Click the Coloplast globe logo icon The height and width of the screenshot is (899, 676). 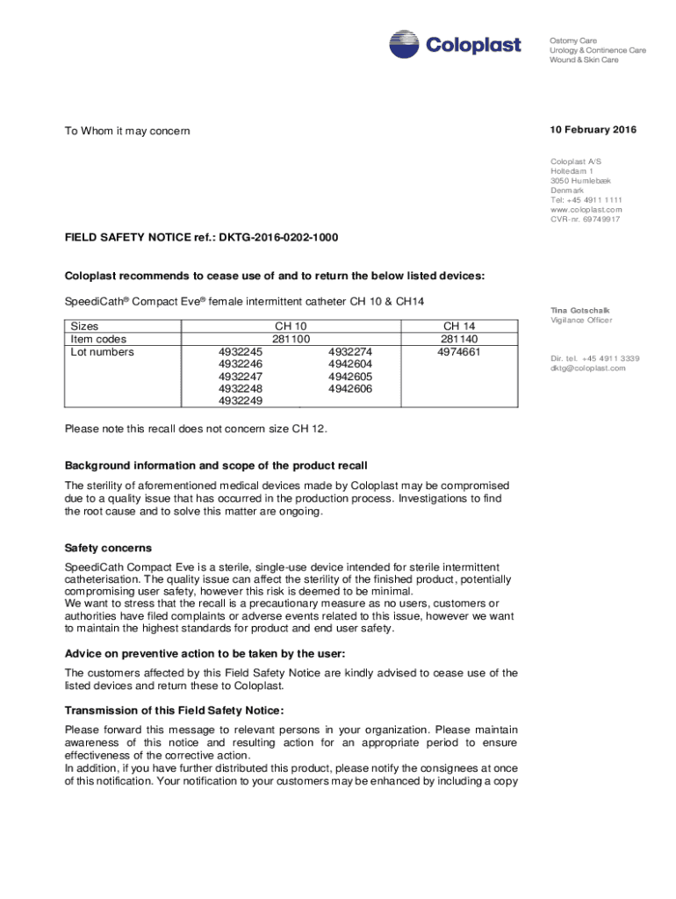coord(405,44)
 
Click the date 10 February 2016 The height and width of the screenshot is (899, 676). coord(593,130)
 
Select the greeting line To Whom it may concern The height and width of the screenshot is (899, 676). coord(127,131)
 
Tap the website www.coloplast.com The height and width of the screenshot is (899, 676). coord(586,210)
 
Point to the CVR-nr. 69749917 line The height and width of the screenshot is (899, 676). coord(585,219)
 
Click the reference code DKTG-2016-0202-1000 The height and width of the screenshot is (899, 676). coord(278,238)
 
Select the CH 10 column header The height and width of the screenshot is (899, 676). coord(291,326)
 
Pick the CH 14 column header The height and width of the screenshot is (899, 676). coord(459,326)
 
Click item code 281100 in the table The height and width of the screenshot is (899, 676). coord(291,339)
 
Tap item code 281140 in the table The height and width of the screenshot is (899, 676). coord(459,339)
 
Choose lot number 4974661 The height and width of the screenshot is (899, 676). coord(459,352)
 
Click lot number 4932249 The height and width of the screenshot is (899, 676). coord(241,401)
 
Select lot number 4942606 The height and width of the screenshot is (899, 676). coord(349,389)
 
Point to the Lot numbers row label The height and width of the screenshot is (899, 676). coord(102,352)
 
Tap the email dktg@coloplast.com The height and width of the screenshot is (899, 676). coord(587,368)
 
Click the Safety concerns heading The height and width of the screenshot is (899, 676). coord(108,548)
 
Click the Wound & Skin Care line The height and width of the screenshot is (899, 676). coord(584,60)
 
